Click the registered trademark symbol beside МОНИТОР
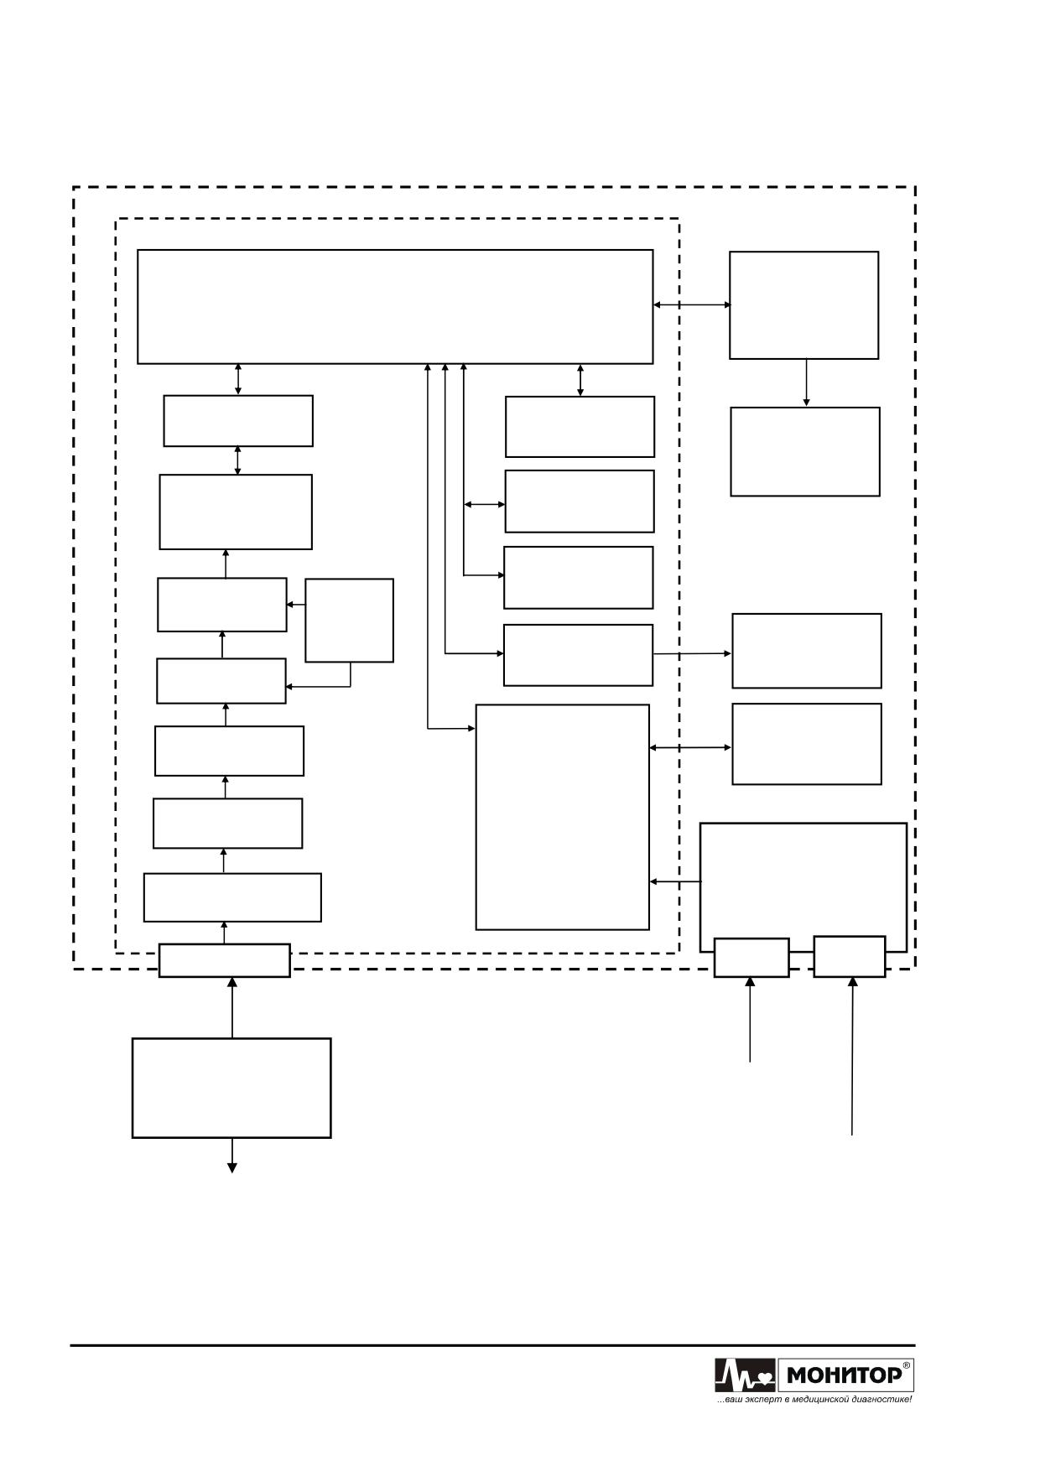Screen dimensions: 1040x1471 pyautogui.click(x=907, y=1365)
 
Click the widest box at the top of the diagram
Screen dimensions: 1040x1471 pyautogui.click(x=395, y=306)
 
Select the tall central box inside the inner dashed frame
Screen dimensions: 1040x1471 pyautogui.click(x=563, y=817)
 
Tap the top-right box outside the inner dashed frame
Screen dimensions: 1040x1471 pyautogui.click(x=804, y=305)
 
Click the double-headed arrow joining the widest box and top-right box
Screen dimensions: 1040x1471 pyautogui.click(x=692, y=305)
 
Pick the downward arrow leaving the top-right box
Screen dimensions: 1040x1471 pyautogui.click(x=806, y=383)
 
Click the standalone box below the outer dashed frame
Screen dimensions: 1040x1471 pyautogui.click(x=231, y=1088)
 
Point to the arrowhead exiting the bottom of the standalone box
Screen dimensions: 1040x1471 pyautogui.click(x=232, y=1167)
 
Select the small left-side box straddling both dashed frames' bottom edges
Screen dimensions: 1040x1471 pyautogui.click(x=225, y=960)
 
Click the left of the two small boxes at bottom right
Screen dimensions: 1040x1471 pyautogui.click(x=751, y=958)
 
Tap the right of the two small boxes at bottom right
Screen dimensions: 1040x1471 pyautogui.click(x=850, y=957)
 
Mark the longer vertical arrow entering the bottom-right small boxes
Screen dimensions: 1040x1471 pyautogui.click(x=853, y=1057)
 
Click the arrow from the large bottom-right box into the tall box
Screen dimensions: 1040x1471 pyautogui.click(x=675, y=881)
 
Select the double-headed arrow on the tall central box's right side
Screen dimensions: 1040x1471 pyautogui.click(x=691, y=747)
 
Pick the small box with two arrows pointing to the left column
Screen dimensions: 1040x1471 pyautogui.click(x=349, y=621)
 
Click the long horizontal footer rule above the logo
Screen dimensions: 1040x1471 pyautogui.click(x=492, y=1345)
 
